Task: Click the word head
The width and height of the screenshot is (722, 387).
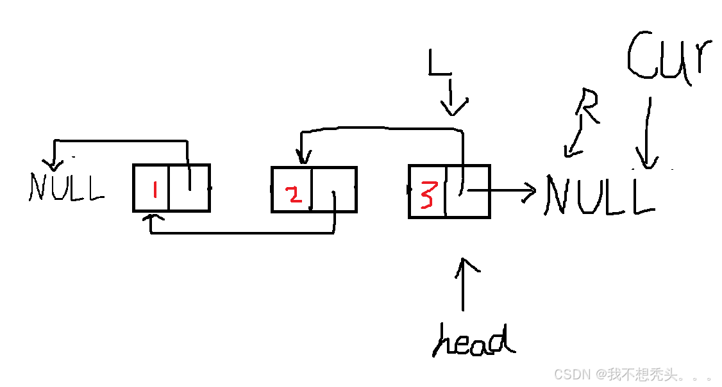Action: pyautogui.click(x=474, y=340)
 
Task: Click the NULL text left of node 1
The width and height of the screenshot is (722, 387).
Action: pyautogui.click(x=66, y=187)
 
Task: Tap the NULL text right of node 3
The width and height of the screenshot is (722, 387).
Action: pyautogui.click(x=599, y=195)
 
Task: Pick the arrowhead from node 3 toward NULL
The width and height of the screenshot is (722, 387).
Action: pyautogui.click(x=530, y=191)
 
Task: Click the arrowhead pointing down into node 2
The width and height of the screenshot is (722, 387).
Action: pyautogui.click(x=300, y=158)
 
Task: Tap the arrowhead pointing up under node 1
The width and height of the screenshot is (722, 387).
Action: pyautogui.click(x=151, y=220)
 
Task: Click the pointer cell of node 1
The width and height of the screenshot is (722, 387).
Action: pyautogui.click(x=189, y=188)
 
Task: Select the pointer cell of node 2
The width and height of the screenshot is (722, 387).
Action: pyautogui.click(x=333, y=190)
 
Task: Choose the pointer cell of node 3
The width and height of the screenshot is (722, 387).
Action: pyautogui.click(x=467, y=191)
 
